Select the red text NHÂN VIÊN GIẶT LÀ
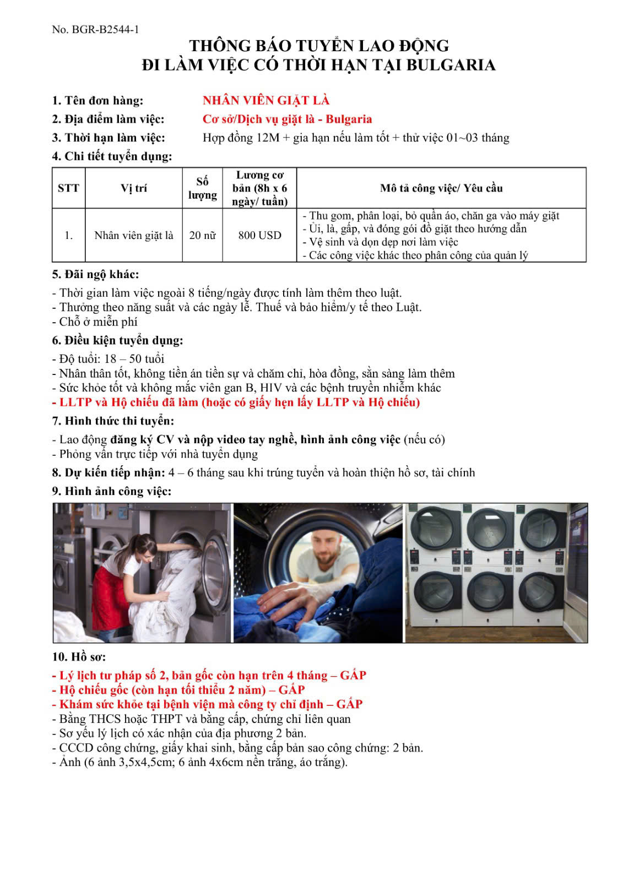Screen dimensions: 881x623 (x=266, y=100)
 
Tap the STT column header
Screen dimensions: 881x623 (x=68, y=188)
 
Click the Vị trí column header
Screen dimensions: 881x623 (x=134, y=188)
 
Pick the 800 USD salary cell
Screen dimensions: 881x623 (x=259, y=236)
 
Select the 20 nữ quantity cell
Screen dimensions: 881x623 (x=202, y=236)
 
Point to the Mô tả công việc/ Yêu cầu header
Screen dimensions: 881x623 (x=441, y=188)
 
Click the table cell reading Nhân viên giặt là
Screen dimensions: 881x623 (x=134, y=236)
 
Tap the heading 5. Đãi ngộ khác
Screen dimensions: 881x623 (x=95, y=274)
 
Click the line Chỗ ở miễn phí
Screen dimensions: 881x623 (x=95, y=322)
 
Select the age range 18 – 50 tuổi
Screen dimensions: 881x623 (x=134, y=359)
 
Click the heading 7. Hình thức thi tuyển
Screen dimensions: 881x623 (x=113, y=421)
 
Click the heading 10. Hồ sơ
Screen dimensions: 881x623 (x=79, y=657)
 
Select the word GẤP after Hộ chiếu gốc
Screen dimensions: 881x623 (x=291, y=690)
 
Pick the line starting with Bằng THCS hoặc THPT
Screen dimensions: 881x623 (x=202, y=719)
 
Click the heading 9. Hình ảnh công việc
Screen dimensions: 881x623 (x=112, y=491)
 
